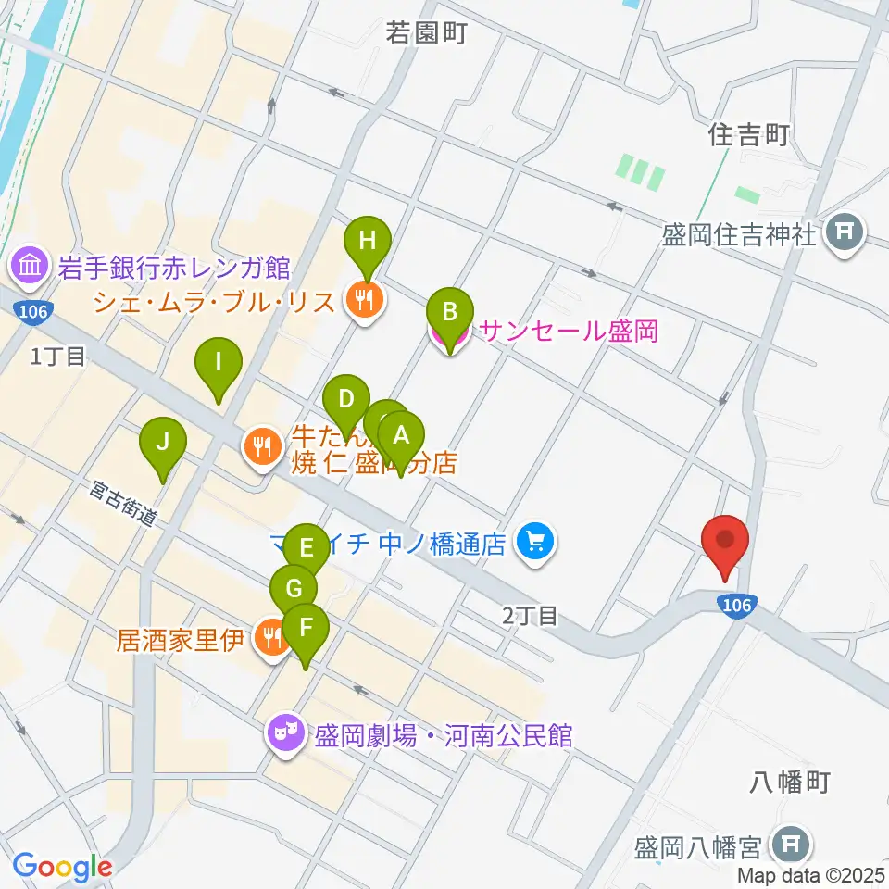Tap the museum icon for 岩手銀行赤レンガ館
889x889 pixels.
[x=29, y=268]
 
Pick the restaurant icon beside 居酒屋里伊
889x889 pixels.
[x=271, y=638]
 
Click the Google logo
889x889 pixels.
[x=62, y=866]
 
